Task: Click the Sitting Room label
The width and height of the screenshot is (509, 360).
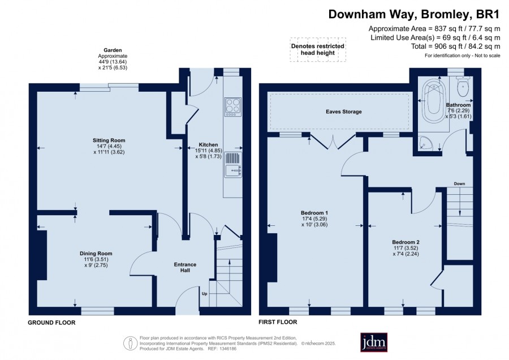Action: pos(109,140)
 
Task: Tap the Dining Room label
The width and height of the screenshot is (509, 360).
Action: pos(96,254)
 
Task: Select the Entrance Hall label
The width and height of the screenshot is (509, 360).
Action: pos(185,267)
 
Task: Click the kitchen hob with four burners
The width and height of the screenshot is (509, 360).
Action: pos(233,106)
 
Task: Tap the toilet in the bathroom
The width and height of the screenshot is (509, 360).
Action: pos(462,86)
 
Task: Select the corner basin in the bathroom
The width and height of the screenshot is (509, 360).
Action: pos(425,143)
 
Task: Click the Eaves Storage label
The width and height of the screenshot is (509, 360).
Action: pos(344,112)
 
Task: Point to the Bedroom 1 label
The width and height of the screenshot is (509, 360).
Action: pos(314,213)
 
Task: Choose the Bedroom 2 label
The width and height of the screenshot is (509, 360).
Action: pos(406,242)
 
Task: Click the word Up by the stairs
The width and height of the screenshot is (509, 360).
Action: pos(205,294)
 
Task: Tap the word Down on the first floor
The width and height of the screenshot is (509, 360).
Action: pos(459,183)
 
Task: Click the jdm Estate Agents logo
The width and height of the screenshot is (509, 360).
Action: pos(374,342)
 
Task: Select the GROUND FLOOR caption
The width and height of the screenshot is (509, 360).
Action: pos(51,323)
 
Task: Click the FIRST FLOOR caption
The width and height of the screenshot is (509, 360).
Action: pos(278,322)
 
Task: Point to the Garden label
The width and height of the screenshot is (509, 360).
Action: pos(113,50)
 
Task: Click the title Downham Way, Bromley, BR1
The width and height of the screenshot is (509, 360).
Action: pos(413,14)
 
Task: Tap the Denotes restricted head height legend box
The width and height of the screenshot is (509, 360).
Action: pos(318,49)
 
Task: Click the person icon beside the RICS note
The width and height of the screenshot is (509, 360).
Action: pos(130,343)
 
